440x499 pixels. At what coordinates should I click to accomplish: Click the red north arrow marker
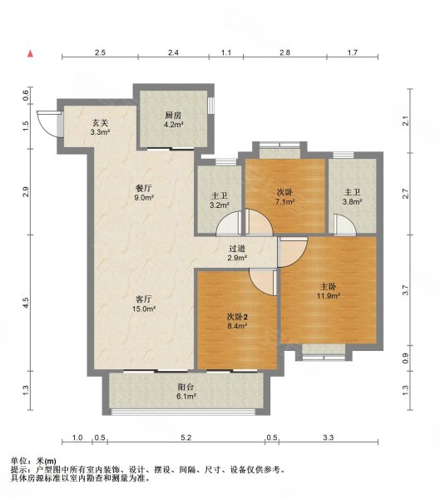(30, 54)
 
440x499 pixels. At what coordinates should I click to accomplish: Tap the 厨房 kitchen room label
(173, 115)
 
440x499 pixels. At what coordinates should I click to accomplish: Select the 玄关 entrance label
(101, 122)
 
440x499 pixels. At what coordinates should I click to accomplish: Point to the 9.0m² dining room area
(144, 197)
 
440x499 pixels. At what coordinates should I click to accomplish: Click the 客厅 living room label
(144, 299)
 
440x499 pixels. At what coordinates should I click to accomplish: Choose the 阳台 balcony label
(186, 388)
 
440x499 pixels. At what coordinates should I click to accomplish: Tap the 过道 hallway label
(237, 249)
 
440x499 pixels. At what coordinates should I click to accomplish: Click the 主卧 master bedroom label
(329, 287)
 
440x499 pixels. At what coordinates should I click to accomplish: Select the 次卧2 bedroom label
(237, 317)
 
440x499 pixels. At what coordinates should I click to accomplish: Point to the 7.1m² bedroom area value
(285, 201)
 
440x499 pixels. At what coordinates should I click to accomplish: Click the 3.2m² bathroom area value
(220, 205)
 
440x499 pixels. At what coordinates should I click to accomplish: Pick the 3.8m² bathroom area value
(353, 201)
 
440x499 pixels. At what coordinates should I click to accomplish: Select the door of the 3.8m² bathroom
(345, 225)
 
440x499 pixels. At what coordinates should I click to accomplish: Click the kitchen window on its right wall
(210, 105)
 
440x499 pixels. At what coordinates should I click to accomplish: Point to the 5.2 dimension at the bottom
(186, 438)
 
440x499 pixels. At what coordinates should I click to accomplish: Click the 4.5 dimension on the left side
(26, 303)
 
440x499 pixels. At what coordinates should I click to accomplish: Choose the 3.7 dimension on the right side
(405, 290)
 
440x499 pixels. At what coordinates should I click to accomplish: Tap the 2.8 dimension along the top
(284, 52)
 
